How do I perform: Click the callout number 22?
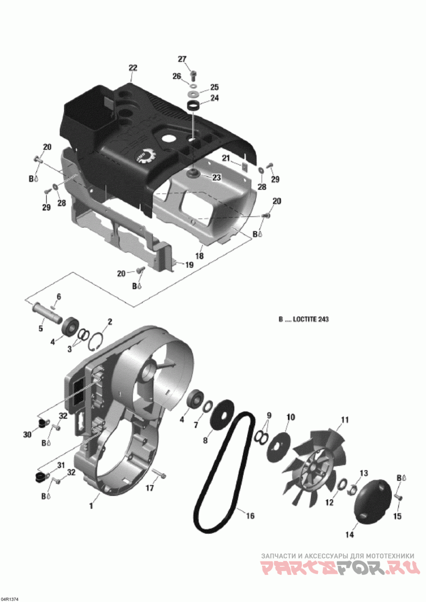pyautogui.click(x=133, y=68)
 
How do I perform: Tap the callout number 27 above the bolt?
pyautogui.click(x=182, y=59)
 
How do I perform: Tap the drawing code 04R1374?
pyautogui.click(x=10, y=599)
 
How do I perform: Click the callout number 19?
pyautogui.click(x=189, y=265)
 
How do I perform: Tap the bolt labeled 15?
pyautogui.click(x=399, y=496)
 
